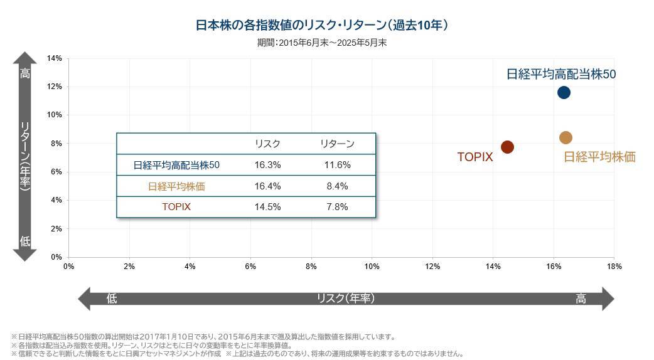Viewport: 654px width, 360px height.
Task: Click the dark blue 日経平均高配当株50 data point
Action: tap(564, 93)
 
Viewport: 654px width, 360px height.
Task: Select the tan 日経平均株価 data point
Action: tap(566, 138)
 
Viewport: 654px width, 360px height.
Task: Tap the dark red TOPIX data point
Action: tap(507, 147)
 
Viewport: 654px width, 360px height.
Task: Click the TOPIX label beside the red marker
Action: tap(475, 157)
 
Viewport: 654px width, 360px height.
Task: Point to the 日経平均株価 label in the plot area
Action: tap(599, 157)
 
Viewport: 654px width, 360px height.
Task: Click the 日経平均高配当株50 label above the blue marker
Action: tap(561, 74)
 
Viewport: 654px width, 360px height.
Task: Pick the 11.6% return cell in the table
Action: tap(338, 166)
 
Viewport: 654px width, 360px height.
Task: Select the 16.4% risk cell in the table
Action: tap(267, 186)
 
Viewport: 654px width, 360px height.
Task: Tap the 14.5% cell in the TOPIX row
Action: tap(267, 207)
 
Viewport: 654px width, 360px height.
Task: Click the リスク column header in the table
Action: tap(267, 144)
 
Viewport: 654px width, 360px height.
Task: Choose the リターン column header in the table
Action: tap(338, 144)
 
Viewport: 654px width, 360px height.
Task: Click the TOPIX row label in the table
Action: tap(176, 207)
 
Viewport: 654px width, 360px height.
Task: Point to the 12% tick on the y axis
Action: tap(55, 87)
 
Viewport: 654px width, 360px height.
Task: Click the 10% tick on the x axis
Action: tap(372, 267)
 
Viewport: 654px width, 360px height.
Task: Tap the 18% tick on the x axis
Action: tap(614, 267)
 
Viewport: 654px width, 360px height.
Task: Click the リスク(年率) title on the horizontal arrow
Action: tap(346, 299)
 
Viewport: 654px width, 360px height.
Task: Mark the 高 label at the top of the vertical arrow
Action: tap(25, 74)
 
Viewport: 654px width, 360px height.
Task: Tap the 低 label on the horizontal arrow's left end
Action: tap(111, 299)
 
